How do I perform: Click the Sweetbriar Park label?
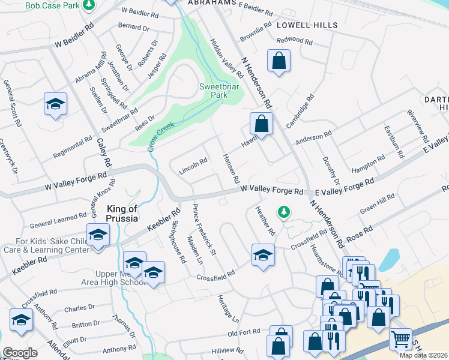click(x=214, y=91)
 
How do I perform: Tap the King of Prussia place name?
click(x=122, y=213)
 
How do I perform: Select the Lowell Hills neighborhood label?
click(x=307, y=25)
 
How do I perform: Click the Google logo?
click(x=20, y=353)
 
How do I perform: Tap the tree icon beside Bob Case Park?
click(x=89, y=5)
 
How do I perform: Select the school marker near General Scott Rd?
click(x=55, y=104)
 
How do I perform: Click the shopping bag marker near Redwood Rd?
click(x=279, y=61)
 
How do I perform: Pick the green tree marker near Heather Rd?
click(x=283, y=211)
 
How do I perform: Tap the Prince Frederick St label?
click(x=204, y=228)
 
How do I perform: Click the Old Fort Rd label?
click(x=244, y=331)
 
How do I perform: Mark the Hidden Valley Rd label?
click(x=226, y=58)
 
